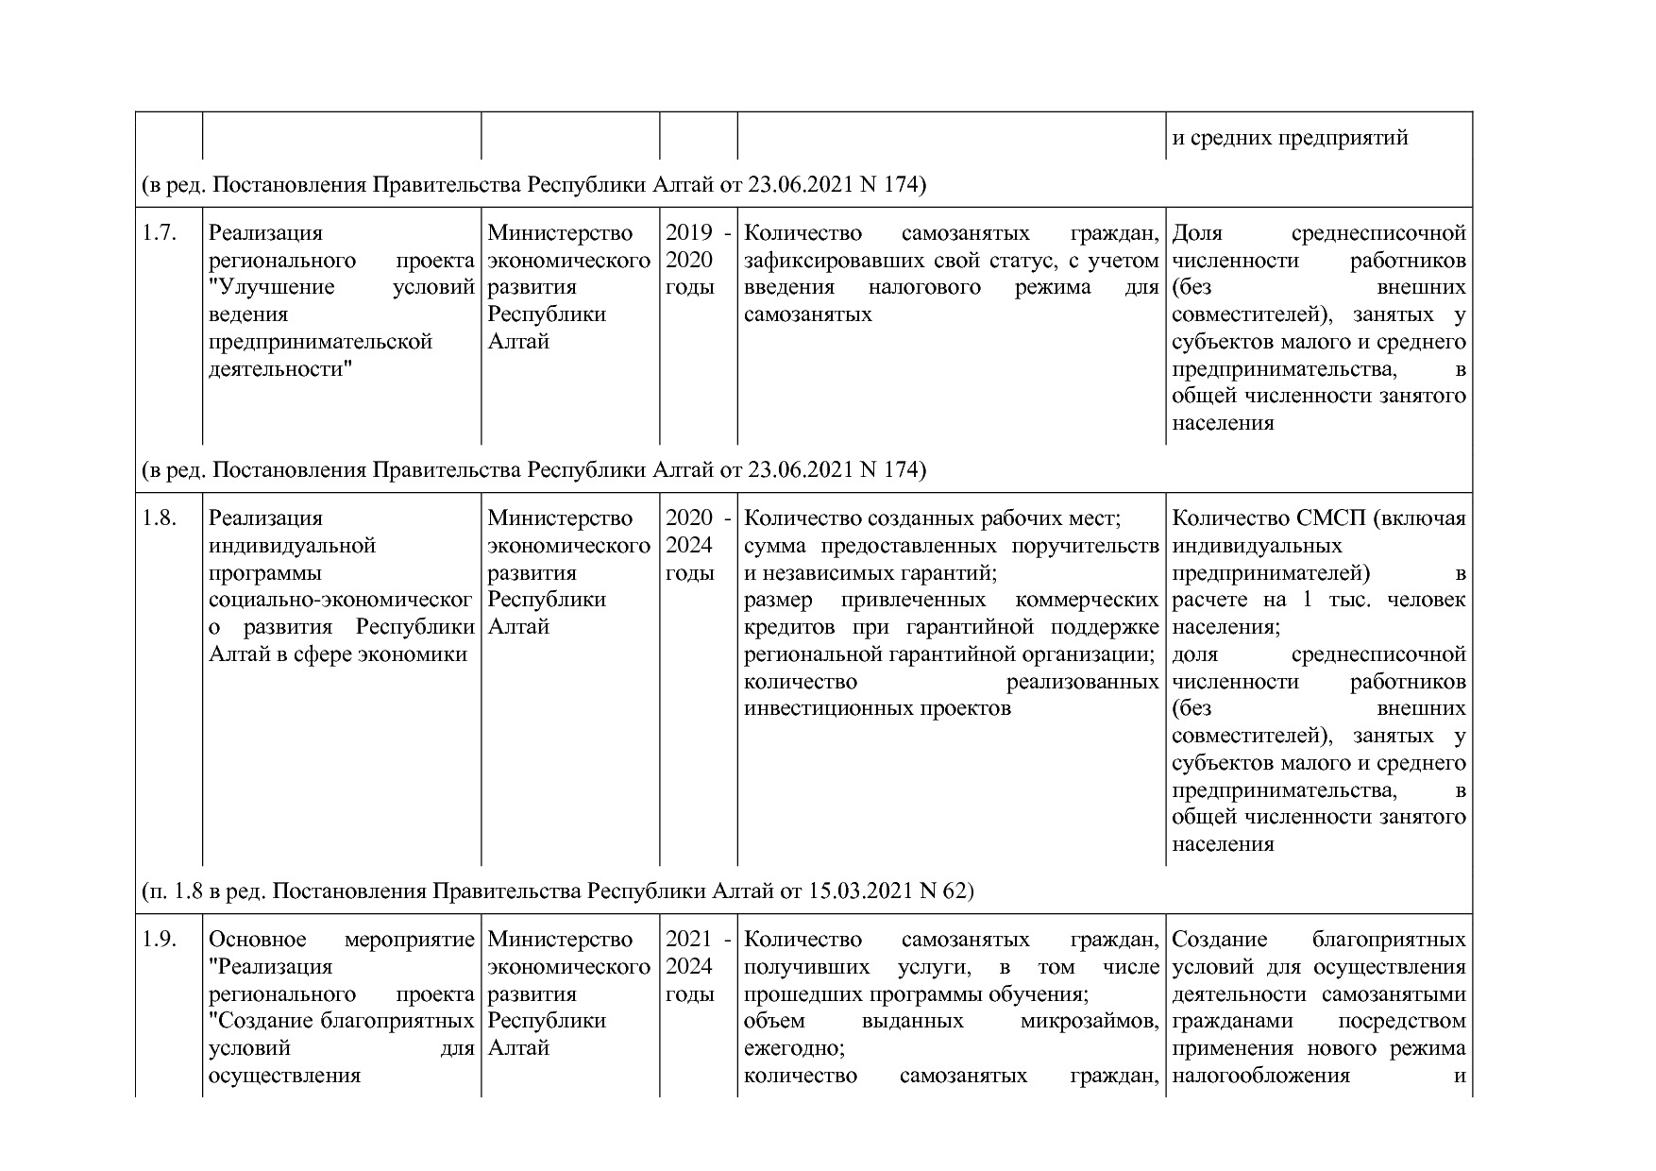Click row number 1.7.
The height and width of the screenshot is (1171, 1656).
[160, 233]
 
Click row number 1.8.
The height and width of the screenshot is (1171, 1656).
[160, 518]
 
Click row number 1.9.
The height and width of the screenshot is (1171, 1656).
[160, 940]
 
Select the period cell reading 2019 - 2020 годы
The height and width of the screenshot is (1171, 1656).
[698, 260]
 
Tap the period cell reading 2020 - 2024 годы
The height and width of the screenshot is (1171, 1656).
[698, 545]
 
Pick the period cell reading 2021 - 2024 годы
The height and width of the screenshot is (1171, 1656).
[698, 966]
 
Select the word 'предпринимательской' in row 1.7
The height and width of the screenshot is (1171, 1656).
[320, 341]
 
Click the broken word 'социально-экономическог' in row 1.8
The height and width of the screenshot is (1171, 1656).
[340, 600]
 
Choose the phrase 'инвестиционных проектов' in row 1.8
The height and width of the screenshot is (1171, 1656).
[877, 708]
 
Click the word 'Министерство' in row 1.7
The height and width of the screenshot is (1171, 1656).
[560, 233]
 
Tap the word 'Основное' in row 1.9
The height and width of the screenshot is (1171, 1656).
[257, 940]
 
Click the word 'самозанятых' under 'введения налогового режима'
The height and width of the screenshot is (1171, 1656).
[807, 314]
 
